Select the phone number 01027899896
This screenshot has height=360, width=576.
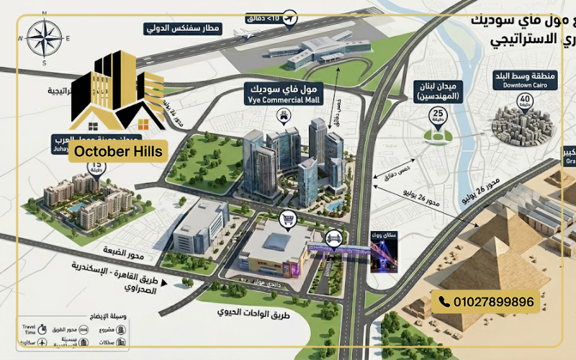click(493, 302)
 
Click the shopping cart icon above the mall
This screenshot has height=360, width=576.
click(288, 220)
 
